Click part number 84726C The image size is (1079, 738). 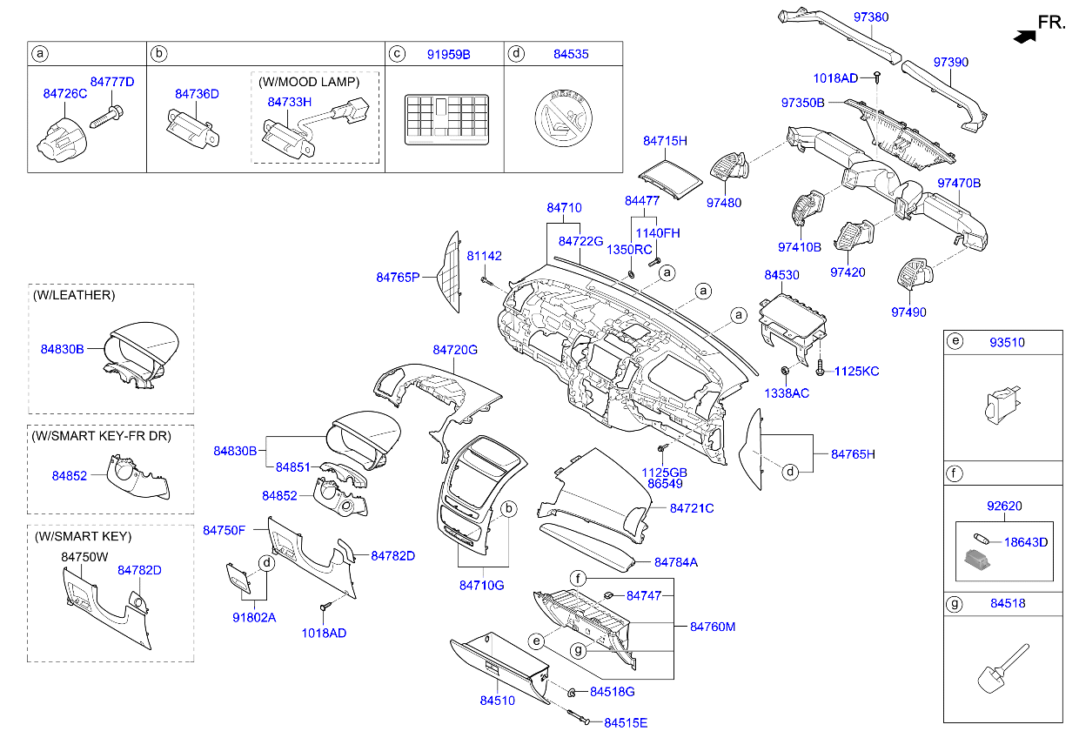[65, 93]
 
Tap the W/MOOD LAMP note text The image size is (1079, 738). [309, 82]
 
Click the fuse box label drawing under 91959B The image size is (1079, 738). [446, 120]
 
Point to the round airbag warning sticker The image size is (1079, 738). [563, 118]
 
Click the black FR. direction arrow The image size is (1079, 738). [1024, 37]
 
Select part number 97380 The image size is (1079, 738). [871, 17]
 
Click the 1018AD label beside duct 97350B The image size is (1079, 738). [835, 78]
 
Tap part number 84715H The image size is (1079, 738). [665, 141]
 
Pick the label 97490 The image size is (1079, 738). [908, 312]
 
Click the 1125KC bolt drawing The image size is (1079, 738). [820, 367]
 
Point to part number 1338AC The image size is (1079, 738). [787, 393]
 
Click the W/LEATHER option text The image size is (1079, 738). [74, 295]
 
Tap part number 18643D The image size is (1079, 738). [1026, 542]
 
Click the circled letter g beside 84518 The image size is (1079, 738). [954, 604]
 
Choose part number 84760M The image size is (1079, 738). [713, 627]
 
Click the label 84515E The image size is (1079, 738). [626, 723]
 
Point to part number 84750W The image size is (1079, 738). [84, 557]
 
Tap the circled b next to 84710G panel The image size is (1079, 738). [508, 509]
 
